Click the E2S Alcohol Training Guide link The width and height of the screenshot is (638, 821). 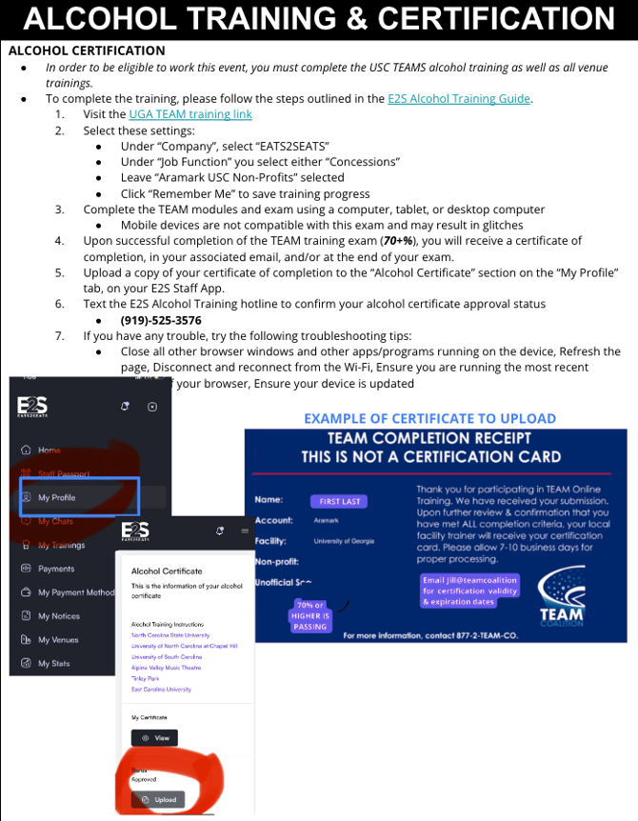pyautogui.click(x=459, y=98)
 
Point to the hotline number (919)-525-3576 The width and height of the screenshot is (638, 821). pyautogui.click(x=161, y=320)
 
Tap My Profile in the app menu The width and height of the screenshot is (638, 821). pyautogui.click(x=57, y=497)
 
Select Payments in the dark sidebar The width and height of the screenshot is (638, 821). pyautogui.click(x=56, y=569)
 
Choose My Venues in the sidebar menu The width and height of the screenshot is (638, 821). pyautogui.click(x=59, y=640)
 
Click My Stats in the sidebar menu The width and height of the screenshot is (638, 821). pyautogui.click(x=54, y=664)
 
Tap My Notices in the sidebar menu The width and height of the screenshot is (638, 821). pyautogui.click(x=59, y=616)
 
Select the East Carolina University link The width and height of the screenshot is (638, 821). pyautogui.click(x=161, y=689)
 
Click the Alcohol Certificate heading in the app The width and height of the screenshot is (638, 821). pyautogui.click(x=167, y=571)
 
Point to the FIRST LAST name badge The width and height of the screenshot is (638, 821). pyautogui.click(x=338, y=501)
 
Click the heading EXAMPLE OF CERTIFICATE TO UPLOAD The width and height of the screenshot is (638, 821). pyautogui.click(x=429, y=418)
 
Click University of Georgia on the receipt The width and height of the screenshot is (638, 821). pyautogui.click(x=344, y=541)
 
